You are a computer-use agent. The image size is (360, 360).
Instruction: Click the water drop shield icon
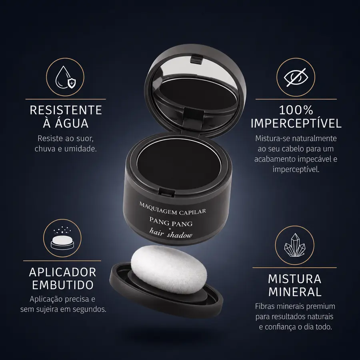(x=66, y=77)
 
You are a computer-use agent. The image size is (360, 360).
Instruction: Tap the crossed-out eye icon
(x=295, y=76)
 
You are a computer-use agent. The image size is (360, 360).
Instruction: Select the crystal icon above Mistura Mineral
(x=294, y=244)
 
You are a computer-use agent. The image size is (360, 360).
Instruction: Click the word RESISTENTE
(x=66, y=110)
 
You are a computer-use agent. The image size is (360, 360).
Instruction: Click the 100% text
(x=296, y=110)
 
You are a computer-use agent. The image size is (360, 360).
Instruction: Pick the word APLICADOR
(x=62, y=272)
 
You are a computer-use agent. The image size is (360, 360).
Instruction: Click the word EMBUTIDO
(x=63, y=285)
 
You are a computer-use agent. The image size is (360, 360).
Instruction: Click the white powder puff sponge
(x=168, y=270)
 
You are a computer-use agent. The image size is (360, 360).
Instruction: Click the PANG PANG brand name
(x=171, y=222)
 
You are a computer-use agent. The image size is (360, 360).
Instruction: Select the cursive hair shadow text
(x=170, y=234)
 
